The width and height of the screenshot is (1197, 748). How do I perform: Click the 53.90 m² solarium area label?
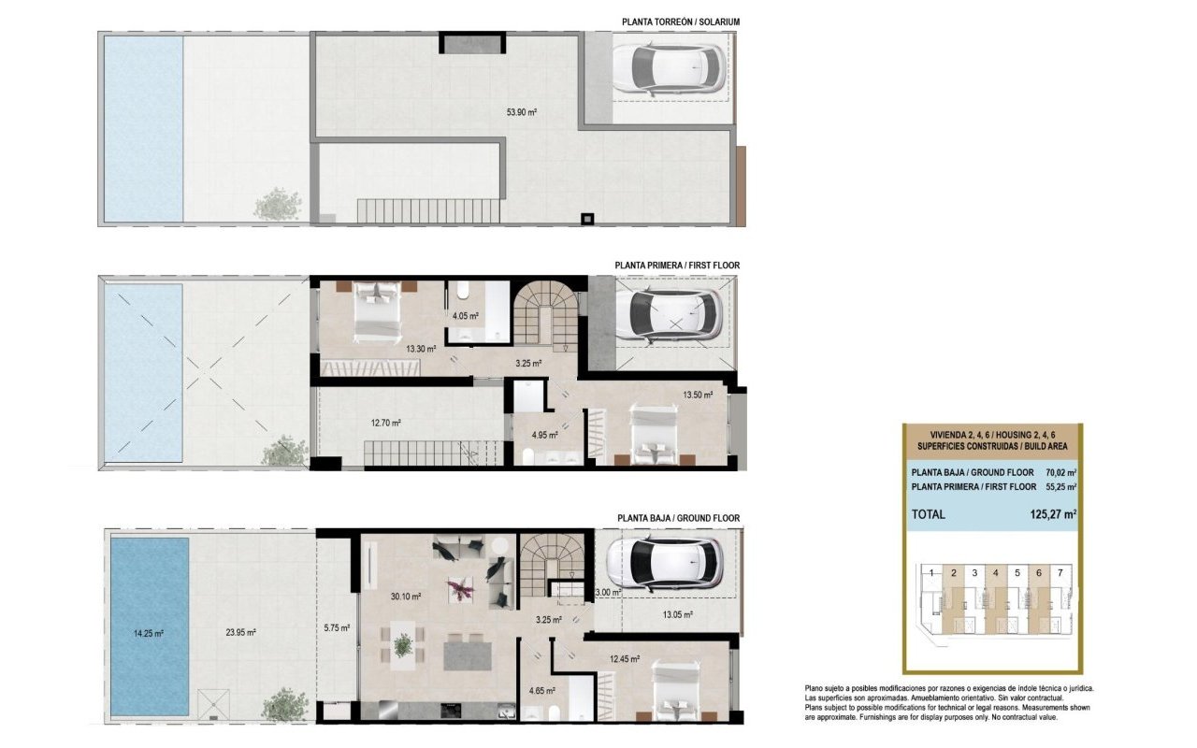click(521, 111)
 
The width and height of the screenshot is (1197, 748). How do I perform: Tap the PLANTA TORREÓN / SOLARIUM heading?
click(681, 22)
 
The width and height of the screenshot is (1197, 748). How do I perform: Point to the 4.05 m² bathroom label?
click(466, 316)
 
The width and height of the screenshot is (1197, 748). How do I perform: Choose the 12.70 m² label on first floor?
click(385, 423)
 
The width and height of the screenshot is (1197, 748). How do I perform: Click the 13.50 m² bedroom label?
click(698, 395)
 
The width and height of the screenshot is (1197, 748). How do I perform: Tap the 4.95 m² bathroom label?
click(545, 436)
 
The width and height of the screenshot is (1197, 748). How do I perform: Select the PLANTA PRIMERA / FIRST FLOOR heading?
click(677, 266)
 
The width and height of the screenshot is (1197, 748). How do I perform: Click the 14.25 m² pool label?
click(149, 633)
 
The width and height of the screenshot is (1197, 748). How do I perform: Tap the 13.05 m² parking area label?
click(677, 614)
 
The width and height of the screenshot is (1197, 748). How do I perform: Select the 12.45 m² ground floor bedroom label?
click(624, 658)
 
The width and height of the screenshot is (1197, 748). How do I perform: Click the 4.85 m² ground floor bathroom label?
click(541, 691)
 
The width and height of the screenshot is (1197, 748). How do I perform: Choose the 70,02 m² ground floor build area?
click(1060, 472)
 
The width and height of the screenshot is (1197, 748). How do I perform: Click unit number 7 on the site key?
click(1059, 571)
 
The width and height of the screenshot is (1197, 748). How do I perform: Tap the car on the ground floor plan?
click(666, 561)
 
